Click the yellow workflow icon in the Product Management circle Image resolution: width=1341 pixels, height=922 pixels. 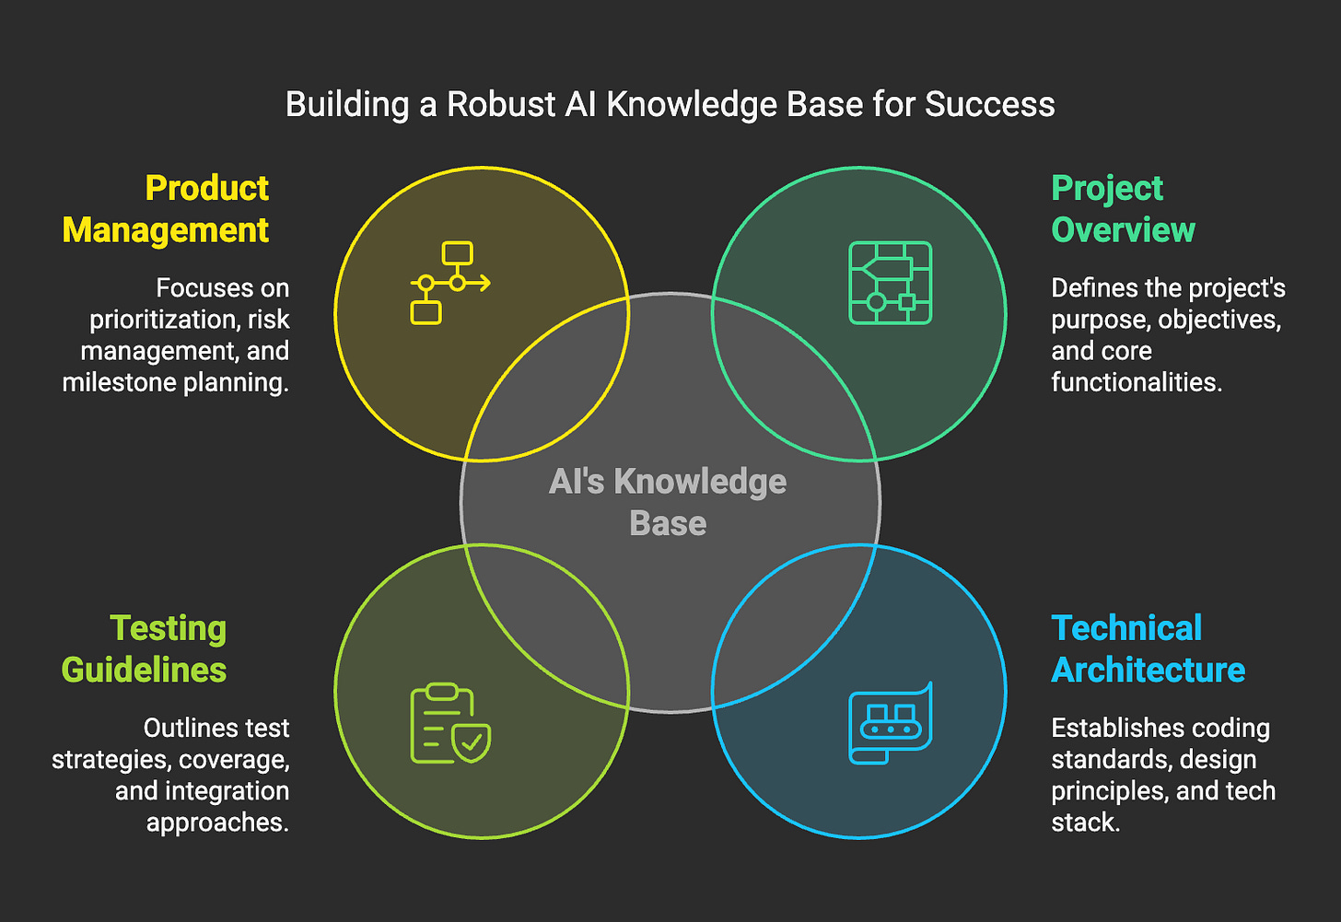point(449,283)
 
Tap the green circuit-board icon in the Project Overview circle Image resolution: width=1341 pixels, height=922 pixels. point(890,283)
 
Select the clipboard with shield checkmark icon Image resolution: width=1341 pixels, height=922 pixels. point(449,724)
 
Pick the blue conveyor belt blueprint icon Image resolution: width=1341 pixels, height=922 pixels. point(890,724)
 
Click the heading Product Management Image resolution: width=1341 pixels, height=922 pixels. point(166,209)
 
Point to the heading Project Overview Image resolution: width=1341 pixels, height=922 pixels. point(1123,209)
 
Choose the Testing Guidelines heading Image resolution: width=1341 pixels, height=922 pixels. point(145,649)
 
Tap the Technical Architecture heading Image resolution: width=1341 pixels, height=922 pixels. point(1148,649)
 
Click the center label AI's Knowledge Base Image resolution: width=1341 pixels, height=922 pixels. point(668,502)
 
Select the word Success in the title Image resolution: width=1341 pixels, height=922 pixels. point(990,104)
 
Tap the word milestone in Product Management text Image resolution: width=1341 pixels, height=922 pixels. point(111,382)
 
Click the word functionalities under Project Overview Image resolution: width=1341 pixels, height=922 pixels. point(1137,382)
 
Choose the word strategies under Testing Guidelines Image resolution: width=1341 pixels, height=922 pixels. point(111,760)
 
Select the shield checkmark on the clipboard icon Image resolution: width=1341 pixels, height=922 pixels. point(472,742)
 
